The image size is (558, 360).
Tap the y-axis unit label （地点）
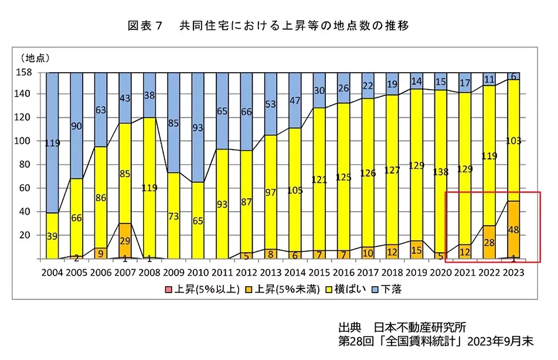(36, 58)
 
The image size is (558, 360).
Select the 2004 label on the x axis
(52, 272)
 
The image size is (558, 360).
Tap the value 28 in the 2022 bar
(489, 242)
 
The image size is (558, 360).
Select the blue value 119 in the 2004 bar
(52, 142)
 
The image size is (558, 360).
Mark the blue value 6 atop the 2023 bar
(513, 76)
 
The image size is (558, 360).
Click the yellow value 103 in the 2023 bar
(513, 141)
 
